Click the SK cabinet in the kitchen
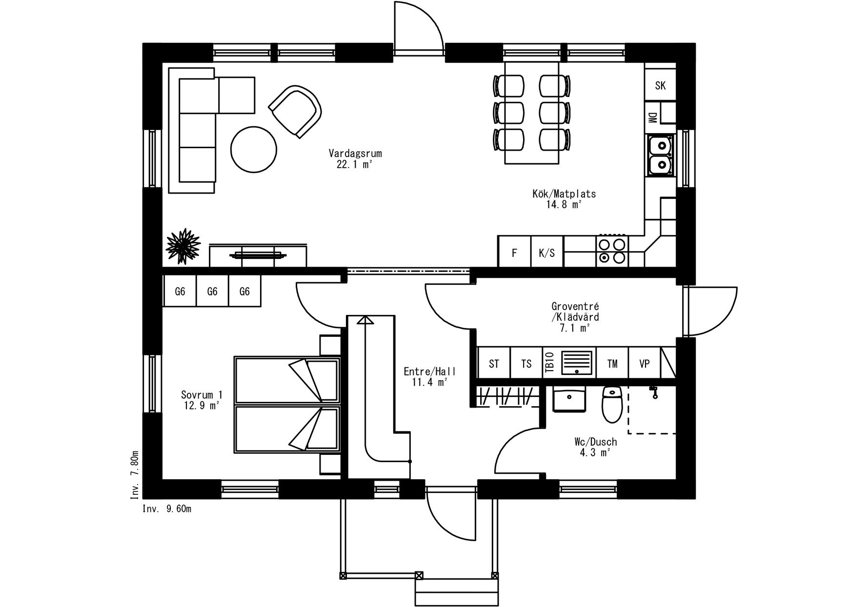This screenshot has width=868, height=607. click(x=660, y=86)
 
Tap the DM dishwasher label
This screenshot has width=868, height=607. click(x=652, y=117)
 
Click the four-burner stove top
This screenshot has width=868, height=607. click(x=612, y=251)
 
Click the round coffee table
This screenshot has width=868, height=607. click(x=254, y=149)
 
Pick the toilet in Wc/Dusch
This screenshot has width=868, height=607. click(x=611, y=404)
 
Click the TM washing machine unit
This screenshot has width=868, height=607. click(x=612, y=363)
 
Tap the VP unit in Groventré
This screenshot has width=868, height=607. click(x=644, y=363)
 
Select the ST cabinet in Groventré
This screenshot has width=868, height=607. click(x=494, y=363)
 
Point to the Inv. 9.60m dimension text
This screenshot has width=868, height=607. click(x=167, y=509)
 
